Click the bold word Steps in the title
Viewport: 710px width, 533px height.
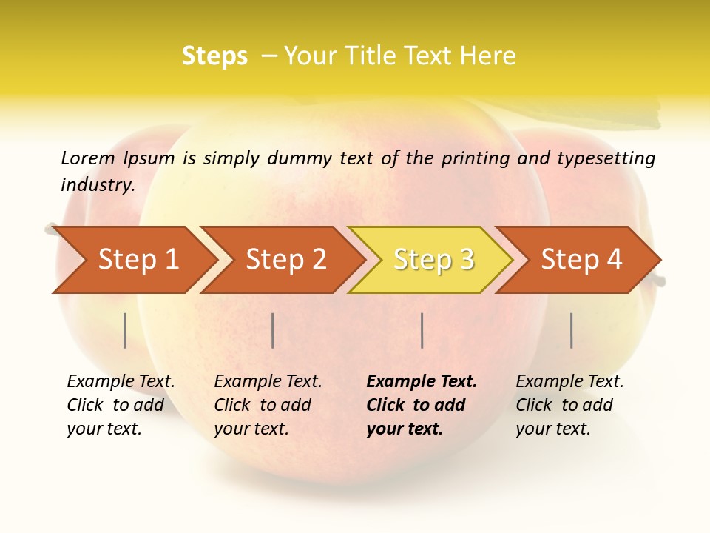click(x=214, y=56)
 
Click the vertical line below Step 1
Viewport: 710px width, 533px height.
click(x=125, y=330)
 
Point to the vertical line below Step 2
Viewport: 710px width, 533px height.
click(x=273, y=330)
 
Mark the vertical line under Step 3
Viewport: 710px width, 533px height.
click(x=422, y=330)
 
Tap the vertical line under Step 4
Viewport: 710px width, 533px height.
click(x=571, y=330)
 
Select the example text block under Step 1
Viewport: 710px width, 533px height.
click(x=121, y=405)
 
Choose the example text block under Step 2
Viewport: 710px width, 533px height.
click(x=268, y=405)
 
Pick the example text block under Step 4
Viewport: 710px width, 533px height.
click(x=569, y=405)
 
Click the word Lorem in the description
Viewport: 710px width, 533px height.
click(x=88, y=158)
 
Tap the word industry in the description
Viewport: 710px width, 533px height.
click(x=98, y=185)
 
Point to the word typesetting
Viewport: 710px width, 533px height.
click(x=606, y=158)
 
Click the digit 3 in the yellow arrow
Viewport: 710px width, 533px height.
click(x=466, y=260)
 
